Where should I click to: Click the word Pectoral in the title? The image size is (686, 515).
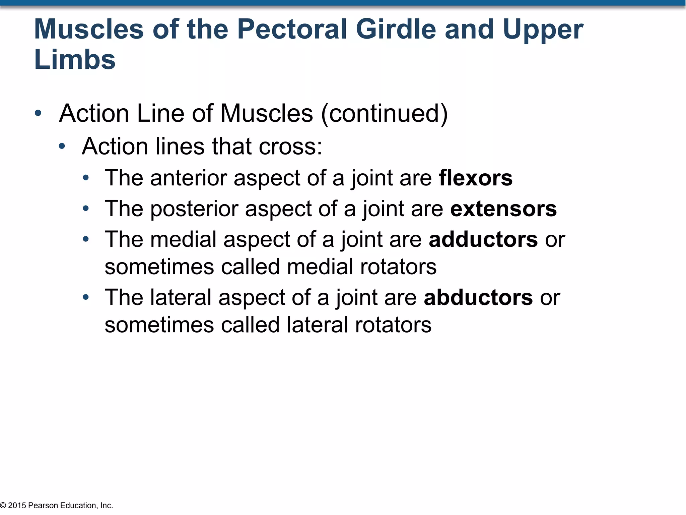pyautogui.click(x=292, y=30)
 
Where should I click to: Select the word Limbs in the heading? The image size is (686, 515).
pyautogui.click(x=75, y=60)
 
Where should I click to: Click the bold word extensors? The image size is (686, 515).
pyautogui.click(x=503, y=209)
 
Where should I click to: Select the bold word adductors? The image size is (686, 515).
pyautogui.click(x=483, y=239)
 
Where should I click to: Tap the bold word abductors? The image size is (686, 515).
pyautogui.click(x=478, y=297)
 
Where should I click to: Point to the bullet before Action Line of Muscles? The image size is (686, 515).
pyautogui.click(x=38, y=113)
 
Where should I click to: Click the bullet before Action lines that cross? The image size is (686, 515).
pyautogui.click(x=62, y=146)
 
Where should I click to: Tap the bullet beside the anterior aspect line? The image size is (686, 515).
pyautogui.click(x=86, y=178)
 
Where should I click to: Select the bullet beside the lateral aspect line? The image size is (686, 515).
pyautogui.click(x=86, y=297)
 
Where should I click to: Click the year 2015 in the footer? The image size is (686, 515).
pyautogui.click(x=17, y=505)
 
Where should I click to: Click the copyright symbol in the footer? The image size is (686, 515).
pyautogui.click(x=3, y=505)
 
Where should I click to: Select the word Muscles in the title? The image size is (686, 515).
pyautogui.click(x=89, y=30)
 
